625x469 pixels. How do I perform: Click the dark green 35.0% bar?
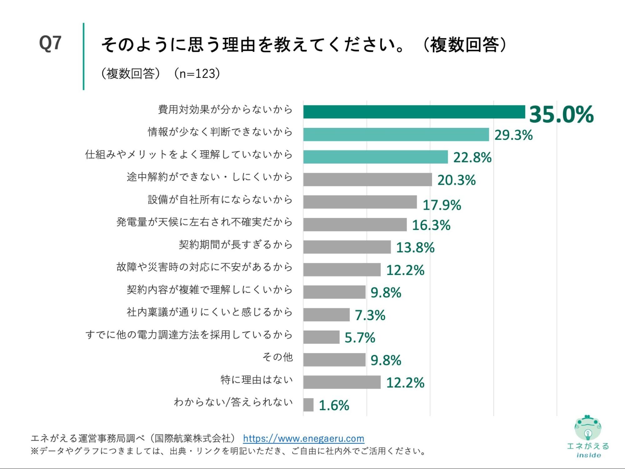coord(414,112)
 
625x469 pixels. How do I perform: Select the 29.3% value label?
coord(513,135)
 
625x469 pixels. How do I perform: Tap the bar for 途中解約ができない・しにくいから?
coord(367,179)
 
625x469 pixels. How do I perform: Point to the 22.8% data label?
coord(472,157)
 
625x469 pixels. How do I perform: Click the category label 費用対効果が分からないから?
coord(225,109)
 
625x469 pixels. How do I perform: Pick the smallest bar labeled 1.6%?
coord(308,405)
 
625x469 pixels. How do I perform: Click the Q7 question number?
coord(50,43)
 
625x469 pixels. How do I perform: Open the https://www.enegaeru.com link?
coord(304,438)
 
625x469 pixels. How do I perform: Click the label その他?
coord(277,357)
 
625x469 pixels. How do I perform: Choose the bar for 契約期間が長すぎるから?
coord(347,247)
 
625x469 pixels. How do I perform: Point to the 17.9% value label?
coord(441,205)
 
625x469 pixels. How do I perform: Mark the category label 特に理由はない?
coord(256,380)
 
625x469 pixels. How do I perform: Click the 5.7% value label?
coord(360,338)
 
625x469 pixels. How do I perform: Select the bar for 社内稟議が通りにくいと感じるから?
coord(326,315)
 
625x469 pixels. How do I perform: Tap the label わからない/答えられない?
coord(233,402)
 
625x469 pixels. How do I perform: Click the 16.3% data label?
coord(431,225)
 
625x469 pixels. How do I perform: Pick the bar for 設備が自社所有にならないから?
coord(360,202)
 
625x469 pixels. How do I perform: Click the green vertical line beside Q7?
coord(83,56)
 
